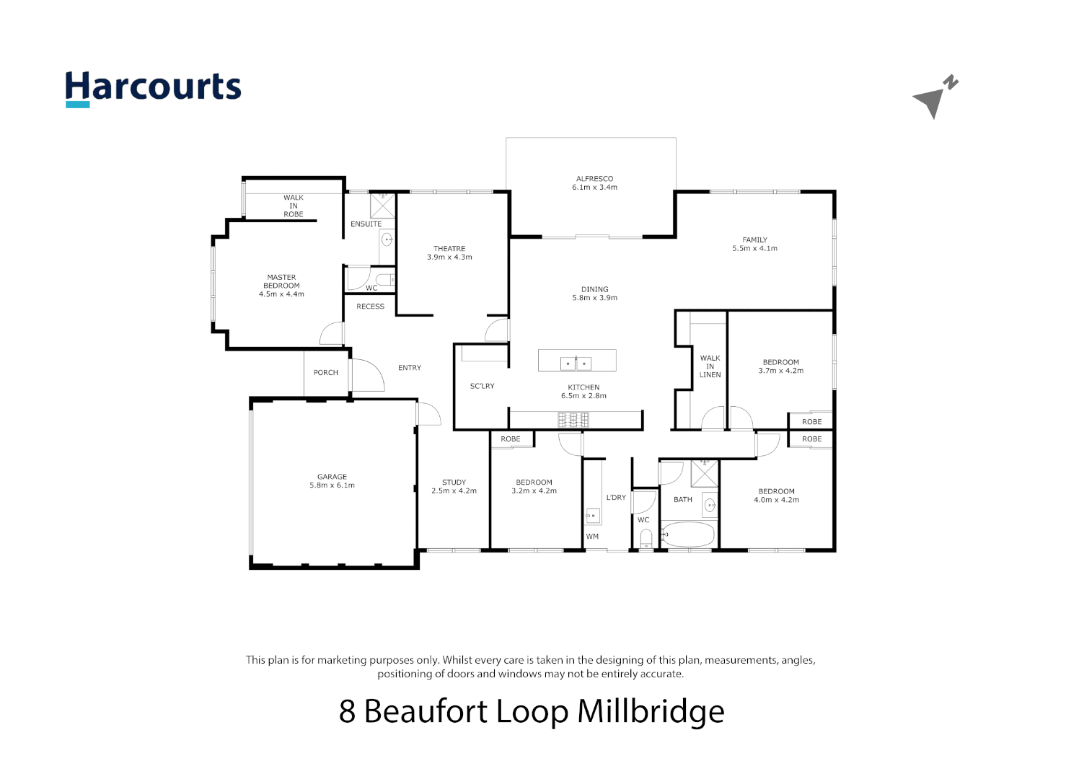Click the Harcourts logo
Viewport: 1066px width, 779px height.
pos(153,89)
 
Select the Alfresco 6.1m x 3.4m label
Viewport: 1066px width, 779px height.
pos(594,182)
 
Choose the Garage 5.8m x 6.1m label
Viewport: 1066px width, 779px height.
pos(332,481)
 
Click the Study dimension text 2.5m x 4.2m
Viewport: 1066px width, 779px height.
pos(454,491)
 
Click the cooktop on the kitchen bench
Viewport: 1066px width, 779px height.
pos(573,419)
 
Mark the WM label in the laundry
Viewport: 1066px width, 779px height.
pos(592,537)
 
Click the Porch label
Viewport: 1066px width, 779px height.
pos(325,373)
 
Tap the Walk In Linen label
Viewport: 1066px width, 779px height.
pos(710,366)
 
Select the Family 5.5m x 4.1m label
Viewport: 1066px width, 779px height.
pos(754,244)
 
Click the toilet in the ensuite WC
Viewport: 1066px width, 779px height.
pos(385,279)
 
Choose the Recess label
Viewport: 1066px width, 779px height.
pos(370,307)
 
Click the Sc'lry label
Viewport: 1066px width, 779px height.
pos(482,387)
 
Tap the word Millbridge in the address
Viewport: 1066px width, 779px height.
pos(651,712)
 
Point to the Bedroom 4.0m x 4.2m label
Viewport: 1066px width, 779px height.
pos(776,496)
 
